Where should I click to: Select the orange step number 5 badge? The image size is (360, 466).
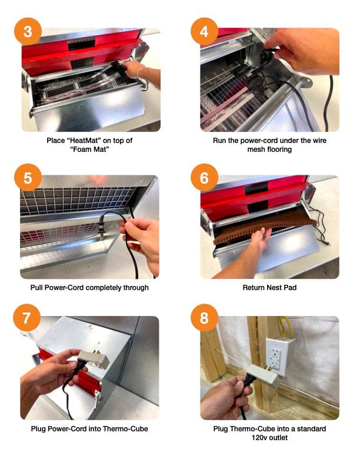(28, 178)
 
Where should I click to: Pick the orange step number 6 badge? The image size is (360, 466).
(204, 178)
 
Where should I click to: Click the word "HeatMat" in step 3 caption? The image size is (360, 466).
(91, 141)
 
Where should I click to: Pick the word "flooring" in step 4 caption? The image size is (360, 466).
(279, 149)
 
